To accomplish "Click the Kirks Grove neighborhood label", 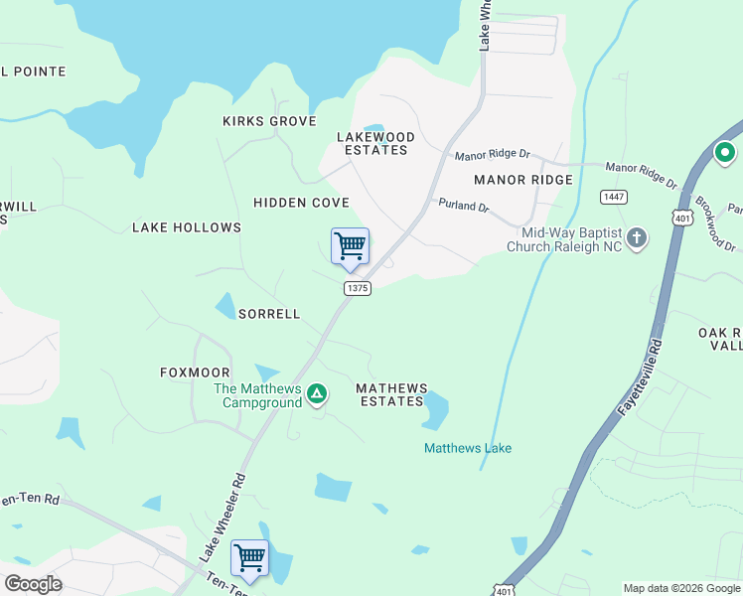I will coord(269,121).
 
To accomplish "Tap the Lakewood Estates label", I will coord(375,143).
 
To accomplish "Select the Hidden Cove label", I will coord(301,203).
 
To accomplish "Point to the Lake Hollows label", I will coord(187,227).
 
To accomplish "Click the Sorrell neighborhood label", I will coord(268,314).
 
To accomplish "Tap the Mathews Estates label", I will coord(391,394).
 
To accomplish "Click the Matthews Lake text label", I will coord(468,448).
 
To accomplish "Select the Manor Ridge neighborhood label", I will coord(523,180).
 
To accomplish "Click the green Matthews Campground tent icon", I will coord(317,394).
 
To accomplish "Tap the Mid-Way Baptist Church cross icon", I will coord(637,238).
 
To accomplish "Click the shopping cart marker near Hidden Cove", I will coord(350,245).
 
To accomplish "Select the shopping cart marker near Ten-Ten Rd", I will coord(249,557).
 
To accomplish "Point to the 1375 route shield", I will coord(358,288).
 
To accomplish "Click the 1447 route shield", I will coord(613,197).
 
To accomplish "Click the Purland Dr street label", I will coord(464,206).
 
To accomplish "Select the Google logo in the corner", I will coord(33,584).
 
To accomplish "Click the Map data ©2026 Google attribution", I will coord(680,588).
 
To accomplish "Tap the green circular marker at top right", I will coord(725,153).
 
